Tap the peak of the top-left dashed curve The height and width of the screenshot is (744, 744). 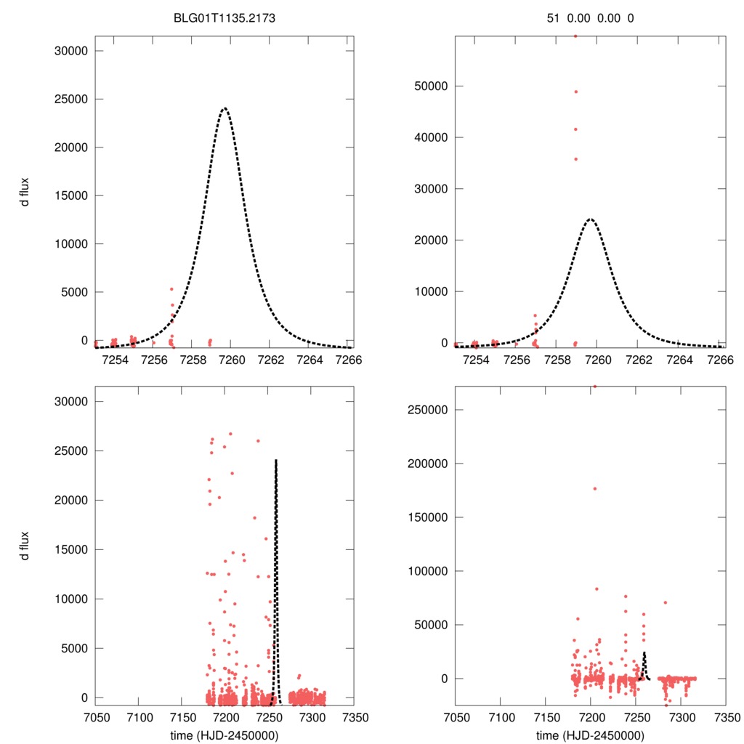point(225,109)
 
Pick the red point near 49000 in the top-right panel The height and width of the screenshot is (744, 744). point(575,92)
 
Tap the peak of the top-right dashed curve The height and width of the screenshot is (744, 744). point(590,219)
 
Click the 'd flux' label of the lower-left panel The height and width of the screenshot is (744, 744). point(25,546)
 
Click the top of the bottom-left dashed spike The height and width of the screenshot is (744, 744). point(276,460)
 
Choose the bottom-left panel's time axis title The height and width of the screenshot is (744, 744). point(225,735)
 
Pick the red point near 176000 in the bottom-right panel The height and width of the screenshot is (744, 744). point(594,488)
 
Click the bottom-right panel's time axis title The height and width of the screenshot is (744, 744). point(590,735)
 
